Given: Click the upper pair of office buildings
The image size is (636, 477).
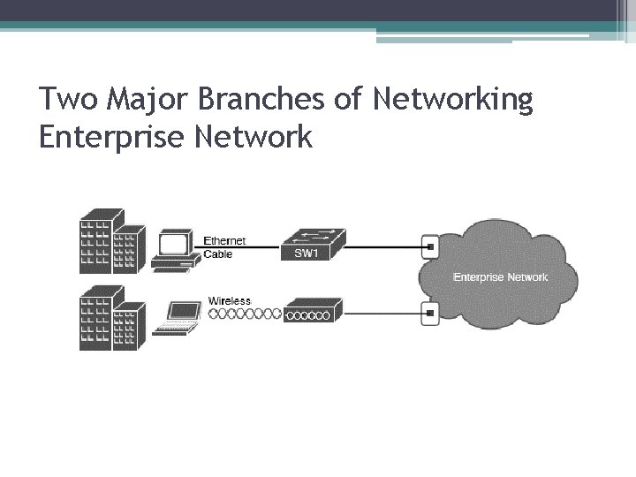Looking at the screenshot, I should click(110, 241).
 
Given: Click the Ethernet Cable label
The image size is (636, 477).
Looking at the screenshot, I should click(224, 246).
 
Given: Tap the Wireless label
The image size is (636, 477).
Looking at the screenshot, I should click(230, 300).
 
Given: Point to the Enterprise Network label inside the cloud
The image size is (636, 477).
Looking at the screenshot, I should click(500, 277).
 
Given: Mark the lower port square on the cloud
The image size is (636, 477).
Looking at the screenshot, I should click(429, 312).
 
